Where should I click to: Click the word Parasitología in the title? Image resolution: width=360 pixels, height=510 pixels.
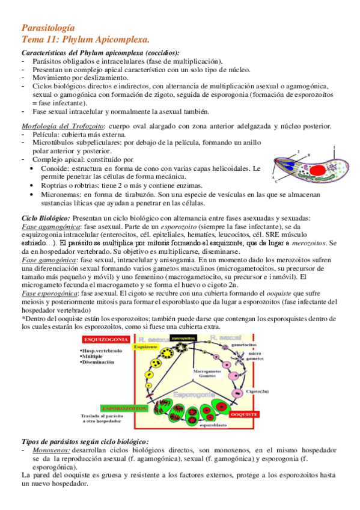tap(48, 27)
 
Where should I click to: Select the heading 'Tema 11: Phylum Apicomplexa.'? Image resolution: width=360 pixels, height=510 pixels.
tap(85, 39)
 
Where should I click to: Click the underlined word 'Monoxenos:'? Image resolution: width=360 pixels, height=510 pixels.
tap(52, 449)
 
